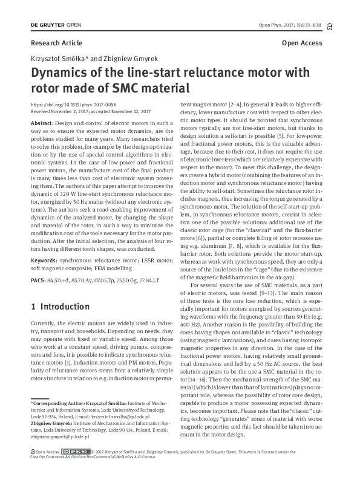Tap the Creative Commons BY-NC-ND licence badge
click(77, 468)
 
